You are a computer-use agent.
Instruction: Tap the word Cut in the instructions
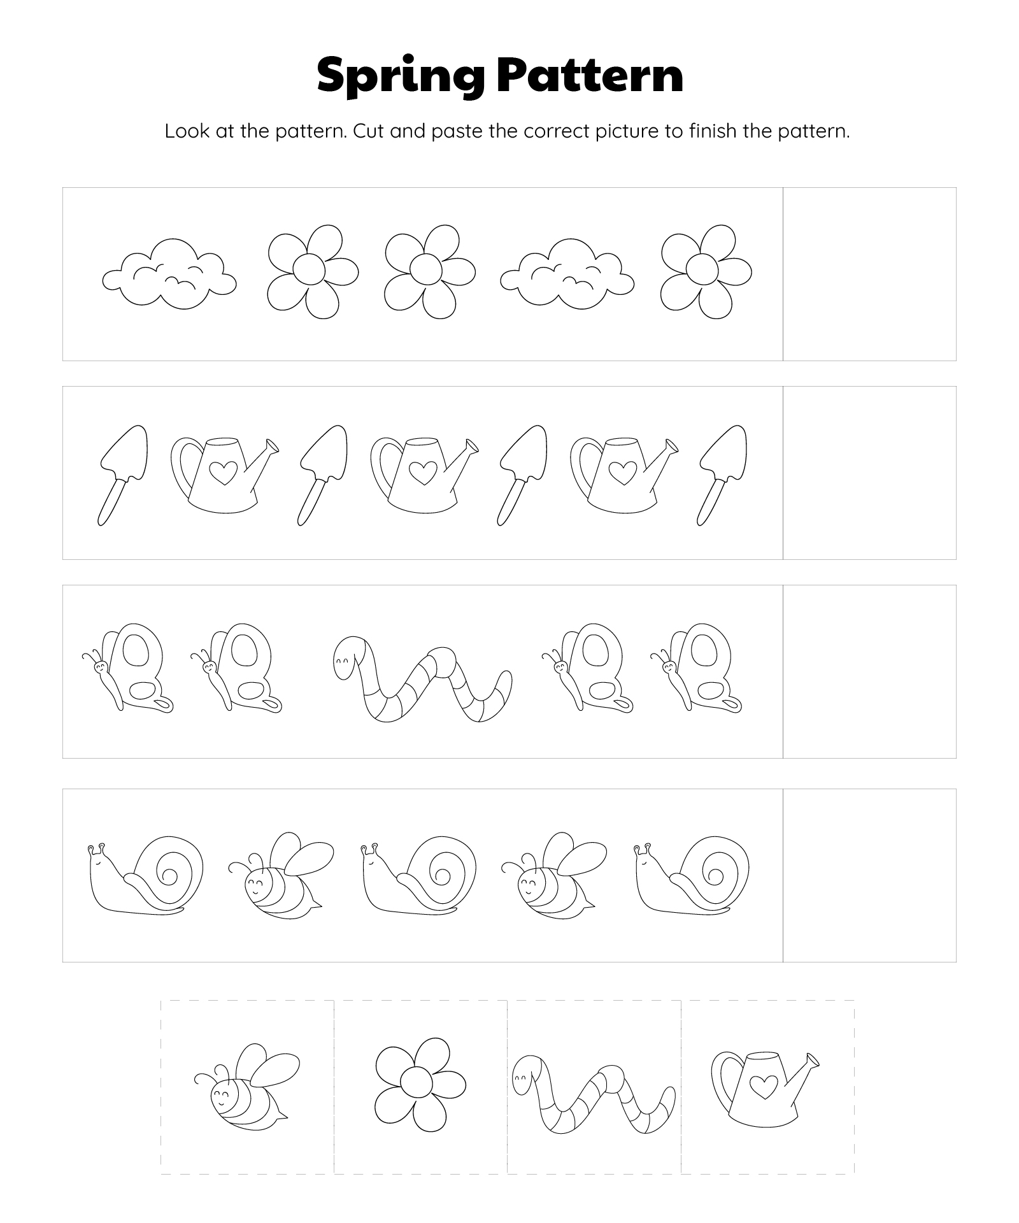pyautogui.click(x=368, y=131)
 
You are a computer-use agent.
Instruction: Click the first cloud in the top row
pyautogui.click(x=169, y=274)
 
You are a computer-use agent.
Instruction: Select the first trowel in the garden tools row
pyautogui.click(x=123, y=475)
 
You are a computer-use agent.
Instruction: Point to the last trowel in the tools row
pyautogui.click(x=722, y=475)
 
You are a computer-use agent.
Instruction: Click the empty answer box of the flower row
pyautogui.click(x=869, y=274)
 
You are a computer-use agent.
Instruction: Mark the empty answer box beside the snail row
pyautogui.click(x=869, y=875)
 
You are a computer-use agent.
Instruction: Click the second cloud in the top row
pyautogui.click(x=567, y=274)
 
